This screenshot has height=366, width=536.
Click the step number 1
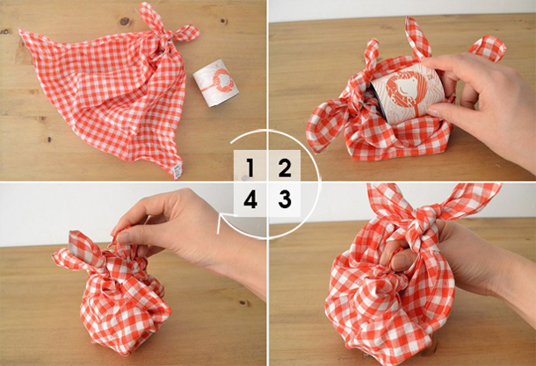[x=250, y=168]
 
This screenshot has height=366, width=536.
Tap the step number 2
[x=285, y=168]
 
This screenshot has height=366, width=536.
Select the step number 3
[x=285, y=199]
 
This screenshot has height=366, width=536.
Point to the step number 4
[x=250, y=199]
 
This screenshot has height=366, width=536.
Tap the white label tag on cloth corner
[x=177, y=170]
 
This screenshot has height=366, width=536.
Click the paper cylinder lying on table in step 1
[x=215, y=83]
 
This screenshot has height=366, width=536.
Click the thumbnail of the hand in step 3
[x=400, y=262]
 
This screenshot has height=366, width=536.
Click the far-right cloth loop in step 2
[x=489, y=47]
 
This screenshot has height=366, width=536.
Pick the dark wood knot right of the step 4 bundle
[x=243, y=303]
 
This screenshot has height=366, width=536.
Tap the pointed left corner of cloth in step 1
[x=21, y=32]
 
